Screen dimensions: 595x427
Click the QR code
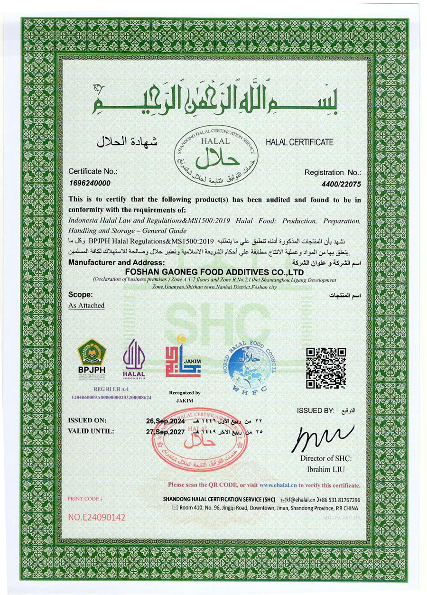325,368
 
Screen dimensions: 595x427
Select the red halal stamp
200,441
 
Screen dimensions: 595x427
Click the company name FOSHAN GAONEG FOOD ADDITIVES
213,271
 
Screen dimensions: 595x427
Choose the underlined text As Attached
86,306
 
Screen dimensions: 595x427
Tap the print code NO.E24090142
96,517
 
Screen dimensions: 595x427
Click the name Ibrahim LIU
325,470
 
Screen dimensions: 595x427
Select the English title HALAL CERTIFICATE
299,142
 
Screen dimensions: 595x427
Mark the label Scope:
81,294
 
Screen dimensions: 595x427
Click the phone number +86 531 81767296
340,500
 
